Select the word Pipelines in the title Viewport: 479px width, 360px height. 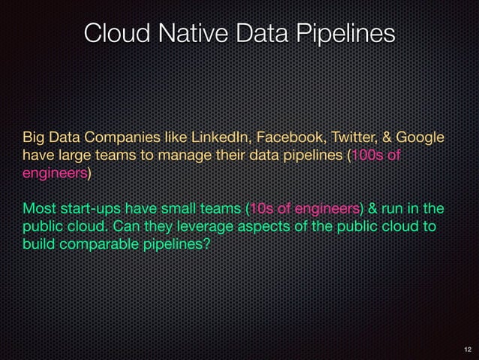pos(348,33)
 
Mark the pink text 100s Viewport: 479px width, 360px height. pos(369,156)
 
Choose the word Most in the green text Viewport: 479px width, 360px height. pos(38,207)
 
